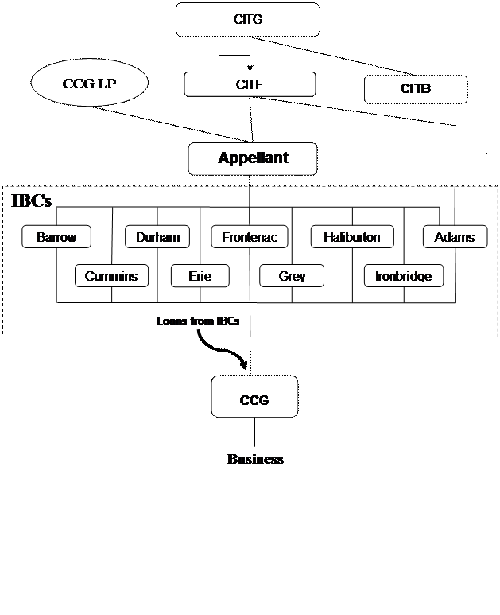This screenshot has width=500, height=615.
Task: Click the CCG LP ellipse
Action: point(90,84)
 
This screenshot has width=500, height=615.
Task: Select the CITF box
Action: point(250,84)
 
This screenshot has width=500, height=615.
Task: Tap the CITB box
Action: point(415,89)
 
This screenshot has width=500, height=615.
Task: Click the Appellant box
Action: point(253,158)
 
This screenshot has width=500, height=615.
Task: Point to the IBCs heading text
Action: point(32,200)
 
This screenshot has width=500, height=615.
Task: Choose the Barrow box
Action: point(56,236)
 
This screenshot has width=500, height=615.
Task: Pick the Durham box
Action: point(157,236)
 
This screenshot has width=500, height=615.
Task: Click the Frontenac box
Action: point(250,236)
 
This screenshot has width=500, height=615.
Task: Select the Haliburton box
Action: point(351,236)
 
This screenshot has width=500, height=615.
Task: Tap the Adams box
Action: point(454,236)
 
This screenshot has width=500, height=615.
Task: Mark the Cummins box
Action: point(111,276)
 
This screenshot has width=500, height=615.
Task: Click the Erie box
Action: point(200,276)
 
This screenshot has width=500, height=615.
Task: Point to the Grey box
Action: point(292,276)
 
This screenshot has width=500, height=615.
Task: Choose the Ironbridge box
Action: point(403,276)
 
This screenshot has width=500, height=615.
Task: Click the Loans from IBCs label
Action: point(198,321)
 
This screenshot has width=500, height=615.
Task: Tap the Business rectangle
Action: point(255,460)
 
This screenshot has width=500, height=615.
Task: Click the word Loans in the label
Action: point(171,321)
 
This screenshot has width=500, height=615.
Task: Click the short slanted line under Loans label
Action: point(200,333)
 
